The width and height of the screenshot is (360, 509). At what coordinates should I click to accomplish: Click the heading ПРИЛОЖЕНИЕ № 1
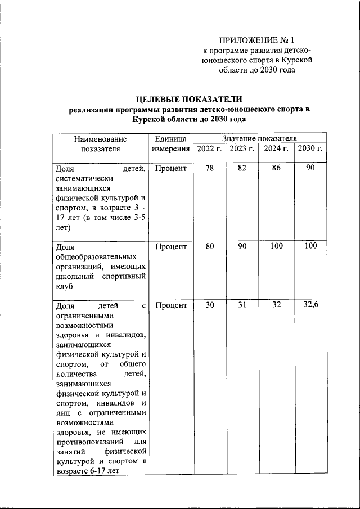(x=256, y=40)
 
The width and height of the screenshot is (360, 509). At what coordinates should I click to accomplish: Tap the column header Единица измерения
(x=170, y=143)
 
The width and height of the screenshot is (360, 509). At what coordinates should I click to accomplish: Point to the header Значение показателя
(x=259, y=138)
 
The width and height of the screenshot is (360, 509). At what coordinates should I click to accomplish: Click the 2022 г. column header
(x=209, y=148)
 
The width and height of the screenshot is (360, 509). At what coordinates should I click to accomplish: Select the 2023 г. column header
(x=242, y=148)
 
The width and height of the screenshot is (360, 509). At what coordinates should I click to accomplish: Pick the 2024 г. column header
(x=276, y=148)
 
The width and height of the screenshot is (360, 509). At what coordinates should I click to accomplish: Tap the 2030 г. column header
(x=310, y=148)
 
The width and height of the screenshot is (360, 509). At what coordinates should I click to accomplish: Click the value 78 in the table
(x=209, y=168)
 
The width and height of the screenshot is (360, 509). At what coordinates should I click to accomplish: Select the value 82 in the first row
(x=242, y=168)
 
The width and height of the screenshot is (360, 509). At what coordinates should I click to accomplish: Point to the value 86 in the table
(x=276, y=168)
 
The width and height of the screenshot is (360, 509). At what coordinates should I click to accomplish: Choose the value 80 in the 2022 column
(x=209, y=246)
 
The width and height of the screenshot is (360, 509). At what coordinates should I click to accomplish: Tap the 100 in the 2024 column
(x=276, y=246)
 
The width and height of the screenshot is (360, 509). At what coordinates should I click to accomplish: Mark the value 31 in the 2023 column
(x=242, y=305)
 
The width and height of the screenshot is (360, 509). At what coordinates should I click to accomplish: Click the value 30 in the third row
(x=209, y=305)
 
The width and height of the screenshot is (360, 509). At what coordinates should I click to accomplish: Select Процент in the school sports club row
(x=170, y=246)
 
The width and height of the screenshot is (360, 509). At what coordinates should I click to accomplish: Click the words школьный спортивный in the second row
(x=101, y=276)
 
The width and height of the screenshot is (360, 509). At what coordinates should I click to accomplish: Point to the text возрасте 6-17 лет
(x=88, y=471)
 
